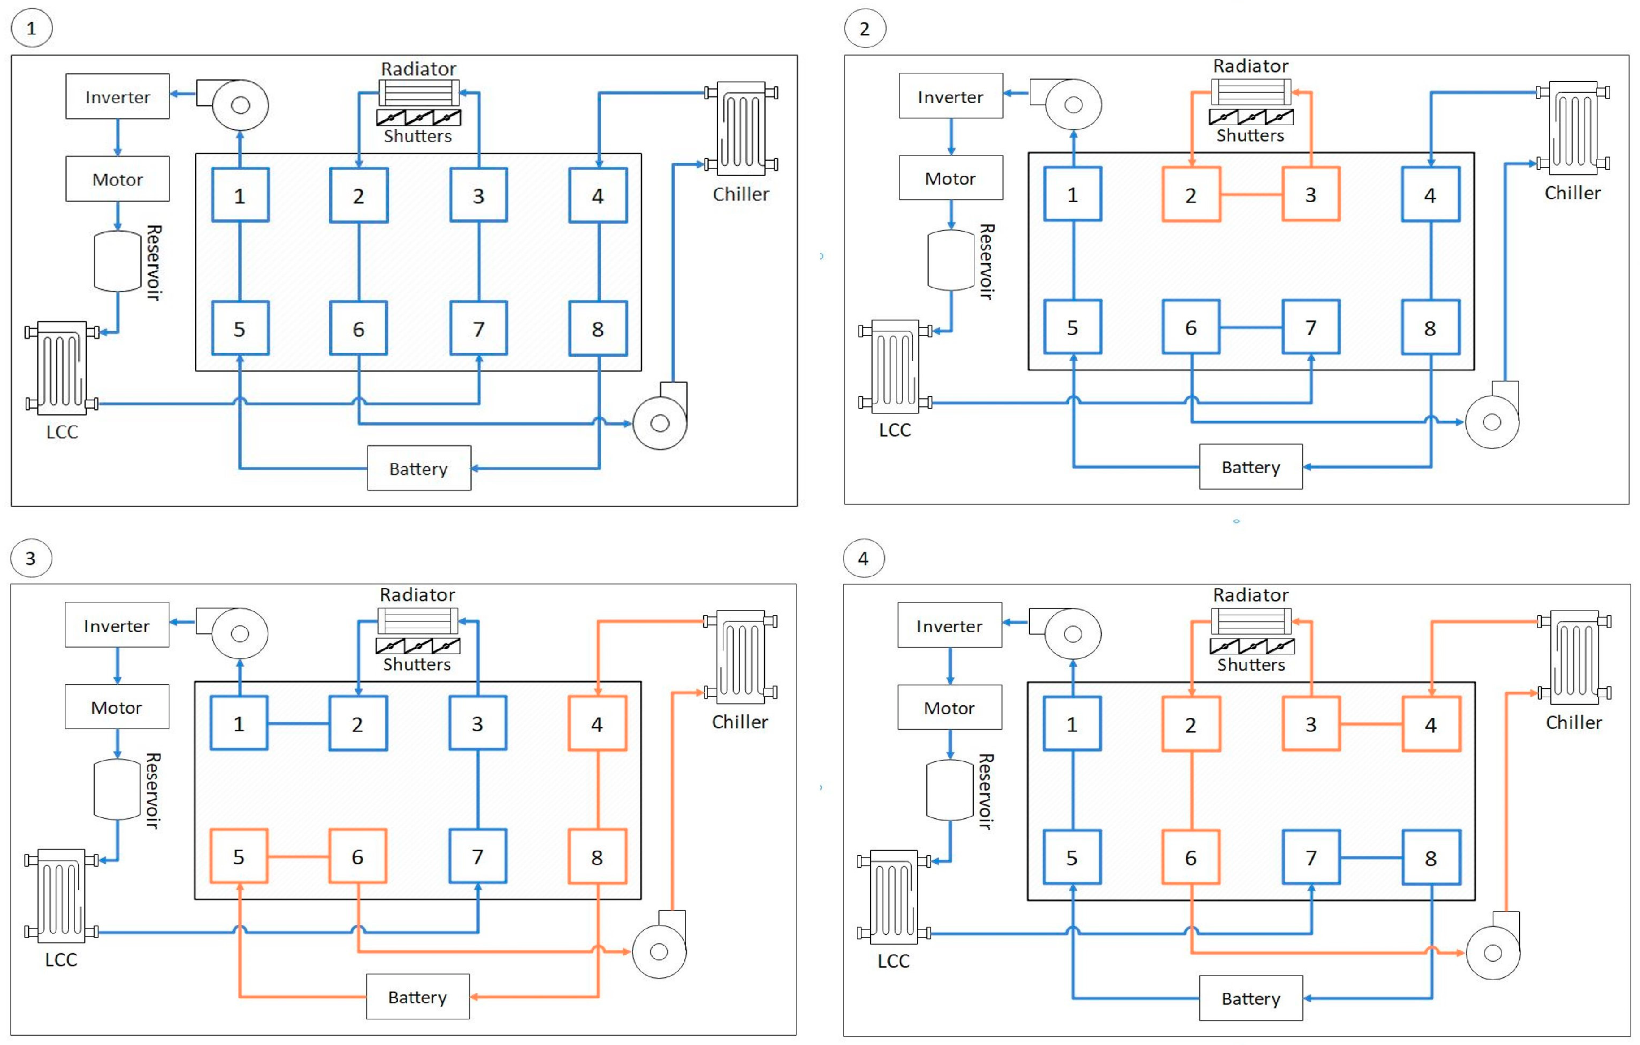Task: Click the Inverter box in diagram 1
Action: tap(117, 97)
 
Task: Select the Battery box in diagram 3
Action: tap(417, 997)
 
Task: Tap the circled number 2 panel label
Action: tap(864, 29)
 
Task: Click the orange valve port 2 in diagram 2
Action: tap(1190, 195)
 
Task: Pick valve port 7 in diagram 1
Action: tap(478, 328)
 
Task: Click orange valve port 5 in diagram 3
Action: tap(238, 856)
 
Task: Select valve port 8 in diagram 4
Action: tap(1430, 858)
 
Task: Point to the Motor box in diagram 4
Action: tap(949, 707)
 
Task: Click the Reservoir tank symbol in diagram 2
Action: tap(951, 261)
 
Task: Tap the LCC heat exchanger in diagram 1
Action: tap(61, 368)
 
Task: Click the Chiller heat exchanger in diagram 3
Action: tap(740, 657)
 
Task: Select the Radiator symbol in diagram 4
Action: tap(1251, 621)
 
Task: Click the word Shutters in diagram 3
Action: tap(417, 664)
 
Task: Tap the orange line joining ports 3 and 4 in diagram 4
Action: tap(1370, 724)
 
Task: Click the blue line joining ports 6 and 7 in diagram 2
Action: tap(1251, 327)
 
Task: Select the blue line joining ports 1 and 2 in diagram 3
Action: tap(299, 723)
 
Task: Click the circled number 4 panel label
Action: tap(863, 558)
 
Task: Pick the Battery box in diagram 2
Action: tap(1251, 467)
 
